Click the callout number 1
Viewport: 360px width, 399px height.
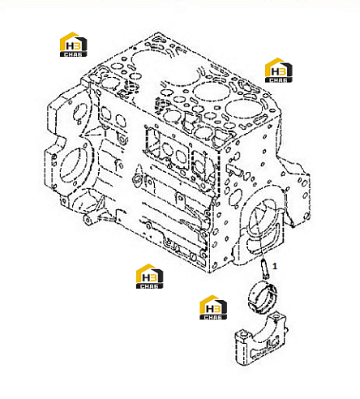click(275, 266)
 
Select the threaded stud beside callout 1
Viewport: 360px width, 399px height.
click(264, 268)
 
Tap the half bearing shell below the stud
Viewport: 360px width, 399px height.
click(263, 297)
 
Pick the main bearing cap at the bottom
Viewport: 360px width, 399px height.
click(261, 338)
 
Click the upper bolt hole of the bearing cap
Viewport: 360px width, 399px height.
click(276, 316)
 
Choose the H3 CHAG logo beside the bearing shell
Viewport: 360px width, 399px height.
click(213, 307)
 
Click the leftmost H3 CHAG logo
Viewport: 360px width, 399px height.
click(73, 45)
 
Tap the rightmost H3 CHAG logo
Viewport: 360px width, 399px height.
click(278, 70)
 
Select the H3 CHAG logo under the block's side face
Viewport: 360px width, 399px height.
click(149, 277)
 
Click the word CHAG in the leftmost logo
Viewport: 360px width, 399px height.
click(73, 54)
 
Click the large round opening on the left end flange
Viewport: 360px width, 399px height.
click(72, 165)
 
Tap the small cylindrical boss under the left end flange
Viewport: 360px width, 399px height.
click(88, 221)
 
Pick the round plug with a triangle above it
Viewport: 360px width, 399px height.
click(137, 179)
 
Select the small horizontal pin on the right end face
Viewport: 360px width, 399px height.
click(234, 169)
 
